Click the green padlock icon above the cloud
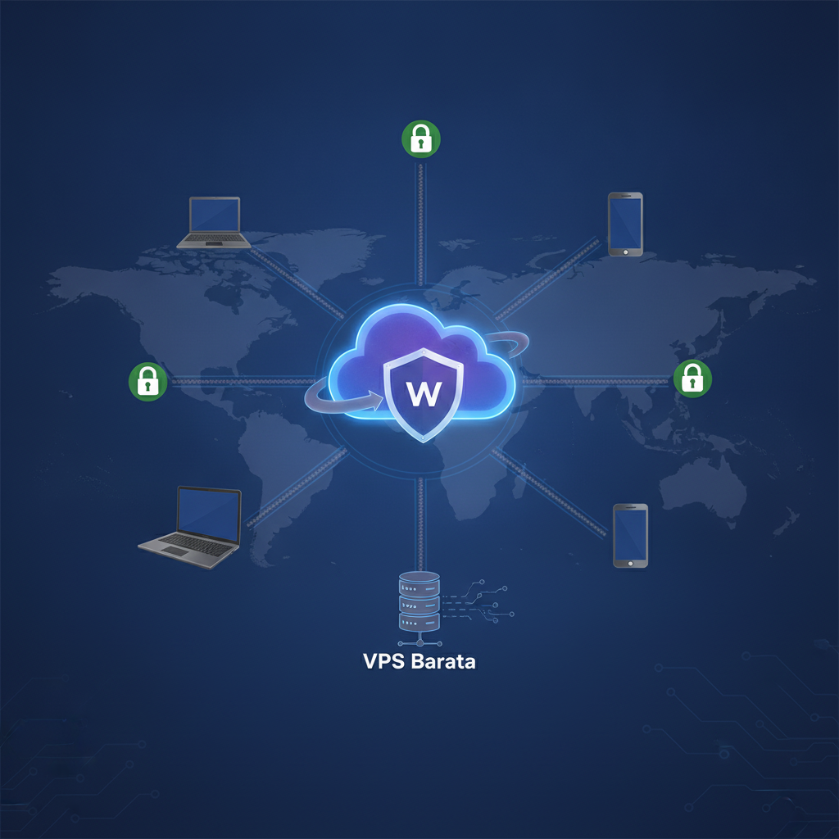(x=421, y=139)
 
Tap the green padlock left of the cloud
(x=148, y=382)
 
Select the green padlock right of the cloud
(x=692, y=379)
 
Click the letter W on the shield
(x=424, y=394)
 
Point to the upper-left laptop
(x=214, y=223)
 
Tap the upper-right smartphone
(x=625, y=224)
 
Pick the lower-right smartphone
(x=630, y=536)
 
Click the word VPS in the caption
(x=384, y=662)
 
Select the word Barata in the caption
(x=443, y=662)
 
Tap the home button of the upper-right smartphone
(x=625, y=252)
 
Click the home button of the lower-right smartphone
(x=630, y=564)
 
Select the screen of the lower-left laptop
(x=209, y=514)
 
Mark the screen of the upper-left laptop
(x=215, y=215)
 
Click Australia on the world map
(x=702, y=490)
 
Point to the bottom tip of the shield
(x=424, y=442)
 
